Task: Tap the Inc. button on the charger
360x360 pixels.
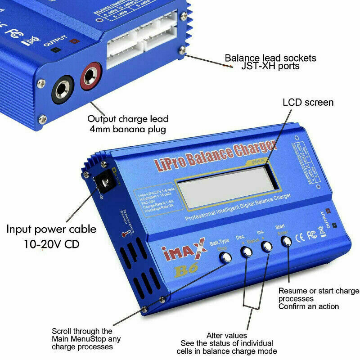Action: (x=267, y=246)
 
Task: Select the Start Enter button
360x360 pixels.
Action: (x=286, y=242)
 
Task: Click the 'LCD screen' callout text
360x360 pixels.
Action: (x=308, y=103)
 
